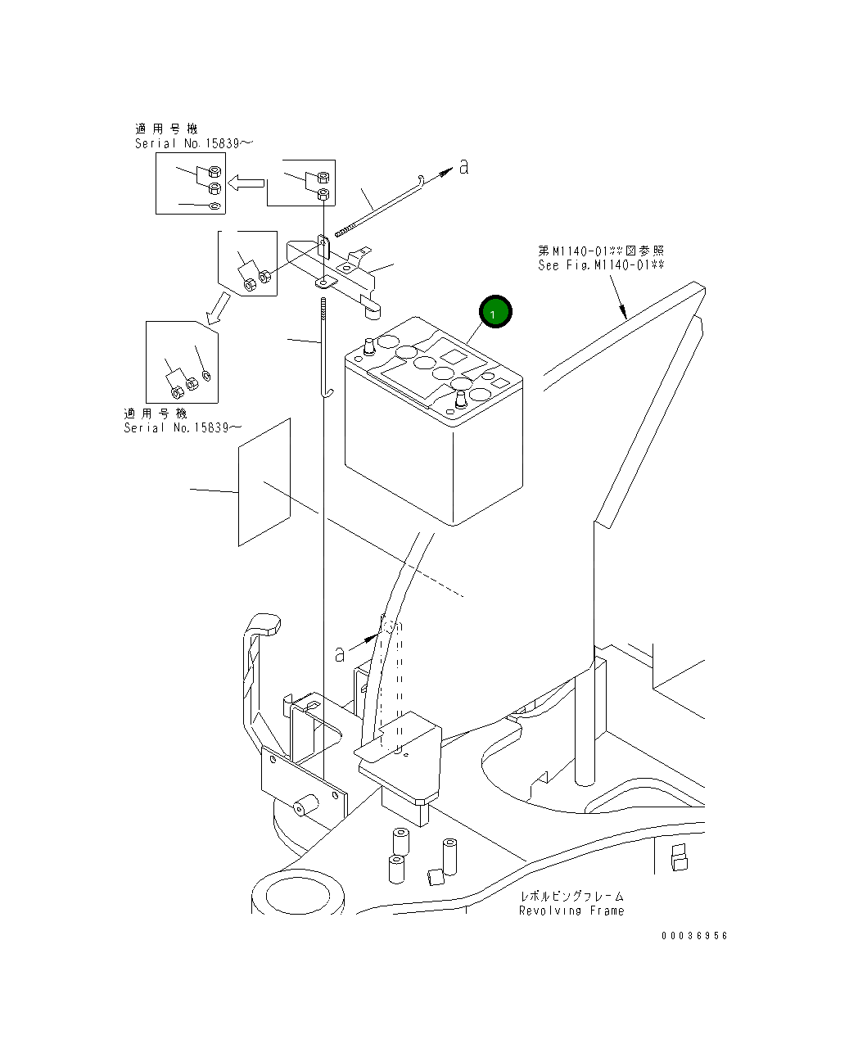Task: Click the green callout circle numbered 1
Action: (x=495, y=313)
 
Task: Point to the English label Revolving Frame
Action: (x=571, y=911)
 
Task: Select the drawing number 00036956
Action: (x=694, y=936)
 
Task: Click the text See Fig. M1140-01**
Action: (x=601, y=265)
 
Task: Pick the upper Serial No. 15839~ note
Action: (x=194, y=143)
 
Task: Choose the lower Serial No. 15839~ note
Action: (x=183, y=427)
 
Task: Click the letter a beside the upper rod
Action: (x=463, y=167)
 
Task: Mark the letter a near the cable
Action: (x=340, y=653)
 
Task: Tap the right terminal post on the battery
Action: (x=460, y=400)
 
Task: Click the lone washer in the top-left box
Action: (x=213, y=206)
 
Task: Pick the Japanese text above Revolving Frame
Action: (x=571, y=897)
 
